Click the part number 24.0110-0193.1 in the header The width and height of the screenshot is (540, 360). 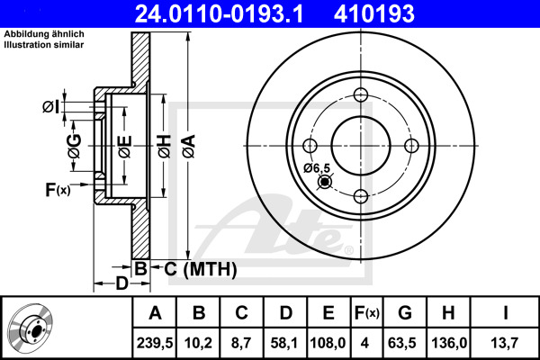219,13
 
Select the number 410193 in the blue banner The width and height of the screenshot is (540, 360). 374,13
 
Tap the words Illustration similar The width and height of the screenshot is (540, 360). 44,45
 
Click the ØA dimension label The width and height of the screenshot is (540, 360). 189,146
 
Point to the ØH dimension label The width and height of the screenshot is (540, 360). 165,147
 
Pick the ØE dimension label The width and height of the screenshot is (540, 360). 125,147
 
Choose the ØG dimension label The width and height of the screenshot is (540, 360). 75,146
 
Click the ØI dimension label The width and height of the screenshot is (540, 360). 50,107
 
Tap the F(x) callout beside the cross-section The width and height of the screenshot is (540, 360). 58,190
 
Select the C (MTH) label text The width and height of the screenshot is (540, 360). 201,269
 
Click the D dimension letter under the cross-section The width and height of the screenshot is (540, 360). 121,283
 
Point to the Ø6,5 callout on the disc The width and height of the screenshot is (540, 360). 317,168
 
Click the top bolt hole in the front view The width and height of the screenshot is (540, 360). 361,94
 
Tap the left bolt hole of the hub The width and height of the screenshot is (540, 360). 310,146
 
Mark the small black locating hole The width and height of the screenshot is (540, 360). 324,182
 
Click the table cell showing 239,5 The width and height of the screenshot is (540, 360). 155,343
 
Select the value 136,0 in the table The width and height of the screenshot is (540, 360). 448,343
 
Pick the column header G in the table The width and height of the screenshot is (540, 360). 405,313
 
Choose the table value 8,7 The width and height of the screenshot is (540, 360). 241,343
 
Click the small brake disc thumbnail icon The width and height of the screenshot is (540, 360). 31,328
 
